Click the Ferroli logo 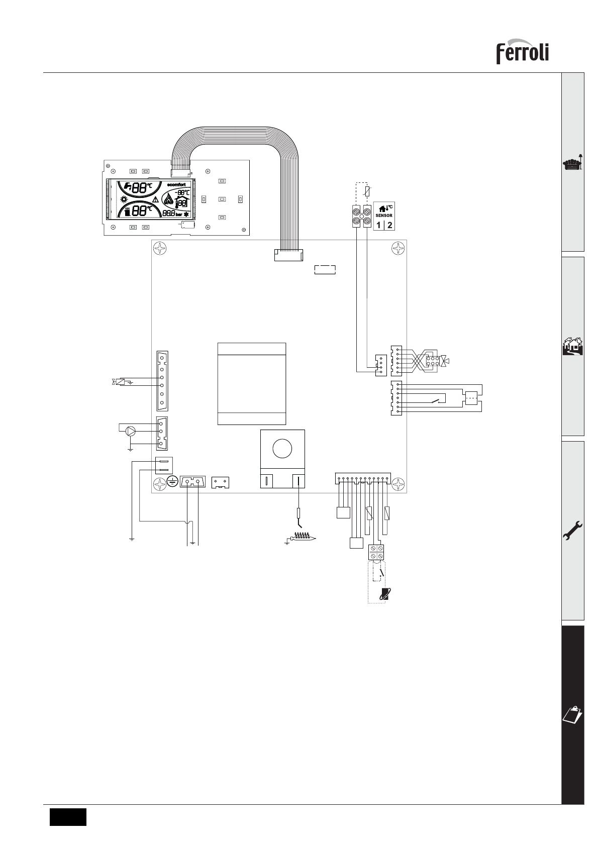click(522, 52)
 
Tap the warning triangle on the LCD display click(155, 199)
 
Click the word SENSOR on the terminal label click(384, 216)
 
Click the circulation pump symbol click(131, 430)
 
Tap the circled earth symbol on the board click(172, 482)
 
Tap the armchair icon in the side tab click(573, 164)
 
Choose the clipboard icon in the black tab click(573, 714)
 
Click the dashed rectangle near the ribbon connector click(325, 270)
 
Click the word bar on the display click(179, 215)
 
